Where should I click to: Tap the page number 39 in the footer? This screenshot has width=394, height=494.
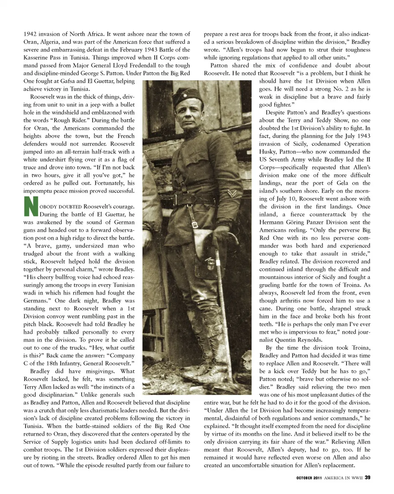[x=368, y=477]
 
